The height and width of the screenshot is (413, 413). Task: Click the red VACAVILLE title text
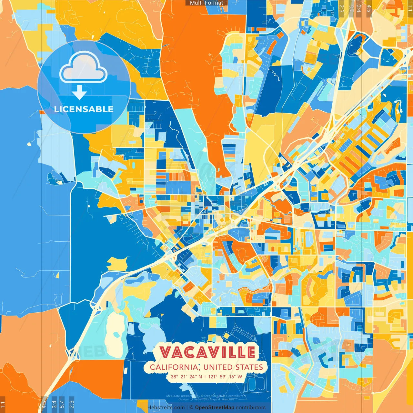(x=207, y=352)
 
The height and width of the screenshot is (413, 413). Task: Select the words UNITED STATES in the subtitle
(x=233, y=367)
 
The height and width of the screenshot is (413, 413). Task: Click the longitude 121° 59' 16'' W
(x=225, y=377)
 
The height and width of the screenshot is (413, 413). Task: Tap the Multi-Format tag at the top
(x=206, y=3)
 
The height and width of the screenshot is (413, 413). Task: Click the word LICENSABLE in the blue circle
(x=84, y=109)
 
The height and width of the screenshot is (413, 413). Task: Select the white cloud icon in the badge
(x=84, y=67)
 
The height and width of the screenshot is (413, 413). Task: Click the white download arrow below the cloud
(x=79, y=92)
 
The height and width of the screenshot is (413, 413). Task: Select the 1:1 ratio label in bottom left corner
(x=3, y=405)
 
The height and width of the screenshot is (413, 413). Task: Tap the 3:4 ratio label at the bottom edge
(x=54, y=404)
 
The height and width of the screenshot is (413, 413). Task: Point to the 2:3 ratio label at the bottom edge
(x=71, y=404)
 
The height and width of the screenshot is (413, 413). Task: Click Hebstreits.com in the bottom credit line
(x=166, y=408)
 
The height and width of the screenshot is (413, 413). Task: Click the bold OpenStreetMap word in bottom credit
(x=214, y=408)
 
